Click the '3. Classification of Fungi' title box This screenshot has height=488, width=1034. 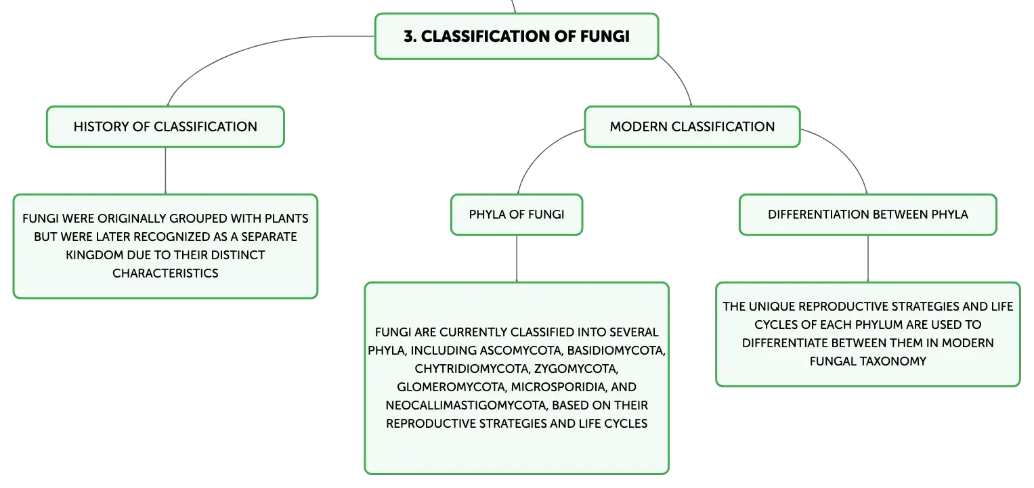tap(517, 37)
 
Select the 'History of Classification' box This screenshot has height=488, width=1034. tap(165, 127)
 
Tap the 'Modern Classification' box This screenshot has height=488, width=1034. tap(692, 127)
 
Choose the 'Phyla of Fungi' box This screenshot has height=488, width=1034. tap(517, 215)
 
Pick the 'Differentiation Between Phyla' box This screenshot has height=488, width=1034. tap(868, 215)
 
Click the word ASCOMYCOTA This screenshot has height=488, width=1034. tap(521, 351)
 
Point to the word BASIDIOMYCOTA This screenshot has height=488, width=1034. tap(616, 351)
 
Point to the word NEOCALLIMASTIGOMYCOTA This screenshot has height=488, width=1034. tap(467, 405)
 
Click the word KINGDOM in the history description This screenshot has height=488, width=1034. tap(95, 255)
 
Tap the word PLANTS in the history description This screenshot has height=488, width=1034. tap(286, 218)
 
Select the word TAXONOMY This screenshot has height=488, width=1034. tap(892, 361)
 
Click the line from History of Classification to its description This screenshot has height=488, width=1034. tap(165, 171)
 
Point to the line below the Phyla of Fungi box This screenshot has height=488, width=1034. tap(517, 259)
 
